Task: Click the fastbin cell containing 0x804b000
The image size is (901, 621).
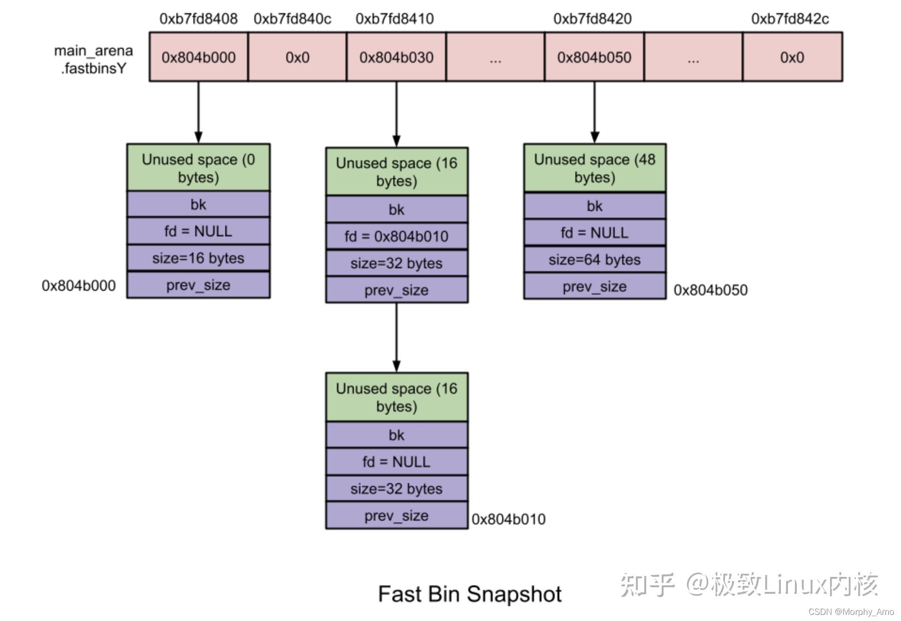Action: (199, 57)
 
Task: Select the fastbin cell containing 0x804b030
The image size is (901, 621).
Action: (396, 57)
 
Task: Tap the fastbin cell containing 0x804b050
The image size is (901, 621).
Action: (594, 57)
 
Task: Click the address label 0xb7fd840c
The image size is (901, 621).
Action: (292, 19)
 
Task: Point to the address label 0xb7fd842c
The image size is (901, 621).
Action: (790, 19)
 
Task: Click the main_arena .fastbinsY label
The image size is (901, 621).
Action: (93, 60)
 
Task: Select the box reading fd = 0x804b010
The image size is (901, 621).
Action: (397, 236)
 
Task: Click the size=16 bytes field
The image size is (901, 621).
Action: (198, 258)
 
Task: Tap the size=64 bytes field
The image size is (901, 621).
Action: (595, 259)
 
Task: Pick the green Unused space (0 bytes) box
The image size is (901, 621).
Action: (198, 168)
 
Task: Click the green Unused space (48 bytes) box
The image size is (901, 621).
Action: (595, 168)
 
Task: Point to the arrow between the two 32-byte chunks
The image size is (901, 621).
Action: (397, 338)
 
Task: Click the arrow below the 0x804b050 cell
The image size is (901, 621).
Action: (595, 113)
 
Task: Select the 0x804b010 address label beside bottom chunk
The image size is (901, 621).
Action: (508, 519)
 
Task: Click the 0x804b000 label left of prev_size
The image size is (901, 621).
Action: (78, 286)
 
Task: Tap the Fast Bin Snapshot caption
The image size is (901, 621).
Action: (470, 594)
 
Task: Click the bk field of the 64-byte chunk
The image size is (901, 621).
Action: (595, 206)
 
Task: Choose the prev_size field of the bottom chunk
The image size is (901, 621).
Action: (397, 515)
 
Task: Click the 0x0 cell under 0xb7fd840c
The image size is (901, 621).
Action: (297, 57)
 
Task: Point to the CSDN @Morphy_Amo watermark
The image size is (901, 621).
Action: (851, 612)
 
